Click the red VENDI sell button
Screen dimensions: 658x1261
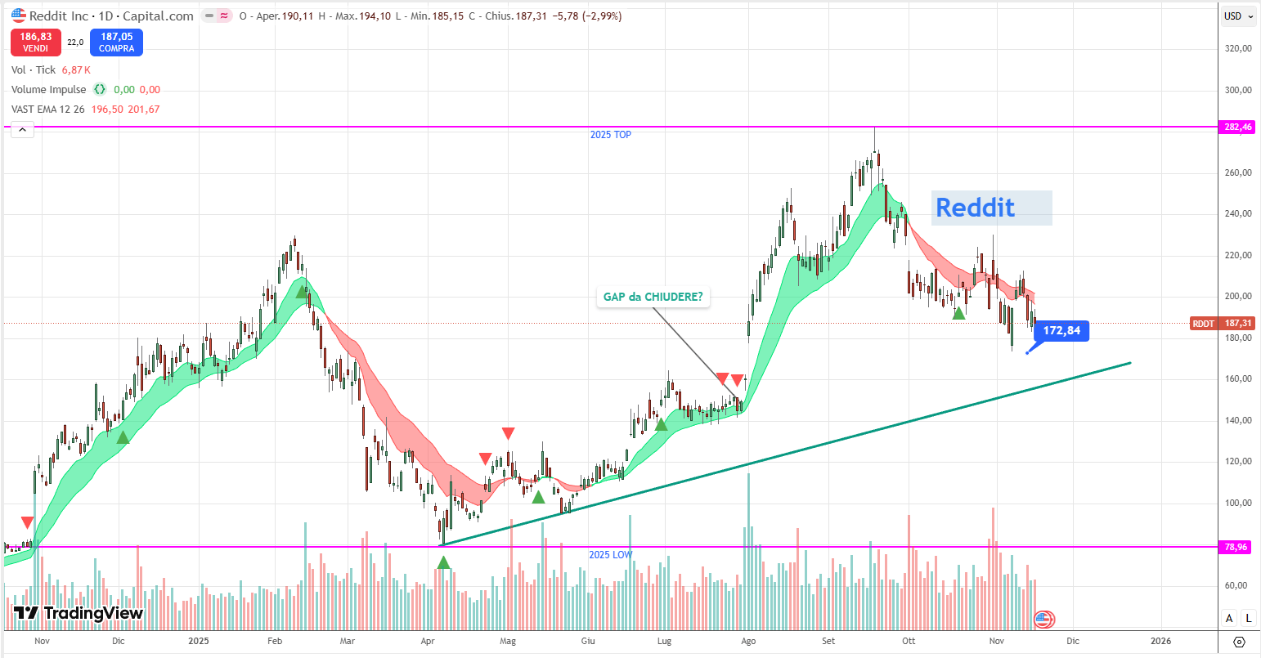coord(35,43)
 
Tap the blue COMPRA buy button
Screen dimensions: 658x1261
coord(116,43)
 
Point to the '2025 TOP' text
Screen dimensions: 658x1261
coord(611,135)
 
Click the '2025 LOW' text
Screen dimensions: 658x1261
coord(611,555)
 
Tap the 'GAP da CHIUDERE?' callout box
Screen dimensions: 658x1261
coord(653,297)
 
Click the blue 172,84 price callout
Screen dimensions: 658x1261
coord(1061,331)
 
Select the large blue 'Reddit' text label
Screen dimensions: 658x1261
coord(975,208)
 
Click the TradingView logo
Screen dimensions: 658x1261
coord(79,613)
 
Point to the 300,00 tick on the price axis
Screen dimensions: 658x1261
coord(1238,90)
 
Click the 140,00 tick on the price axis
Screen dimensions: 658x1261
coord(1238,420)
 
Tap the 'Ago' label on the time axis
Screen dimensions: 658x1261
coord(748,641)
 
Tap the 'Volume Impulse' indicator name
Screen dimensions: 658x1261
coord(48,90)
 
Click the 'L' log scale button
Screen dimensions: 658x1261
coord(1248,618)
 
